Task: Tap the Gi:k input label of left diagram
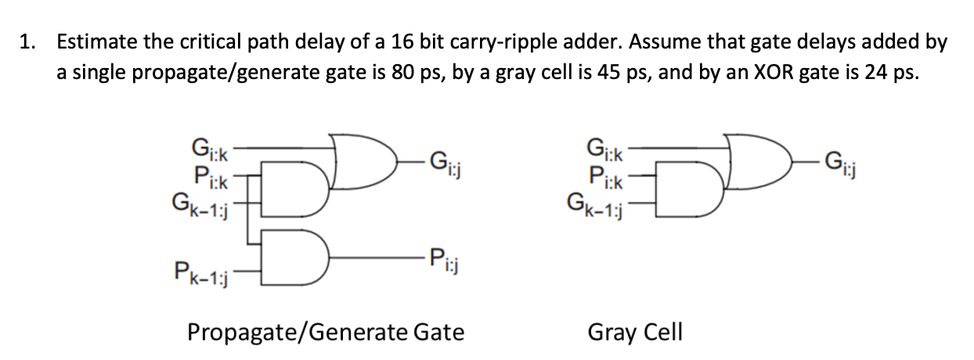(208, 146)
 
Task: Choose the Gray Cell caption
(635, 333)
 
